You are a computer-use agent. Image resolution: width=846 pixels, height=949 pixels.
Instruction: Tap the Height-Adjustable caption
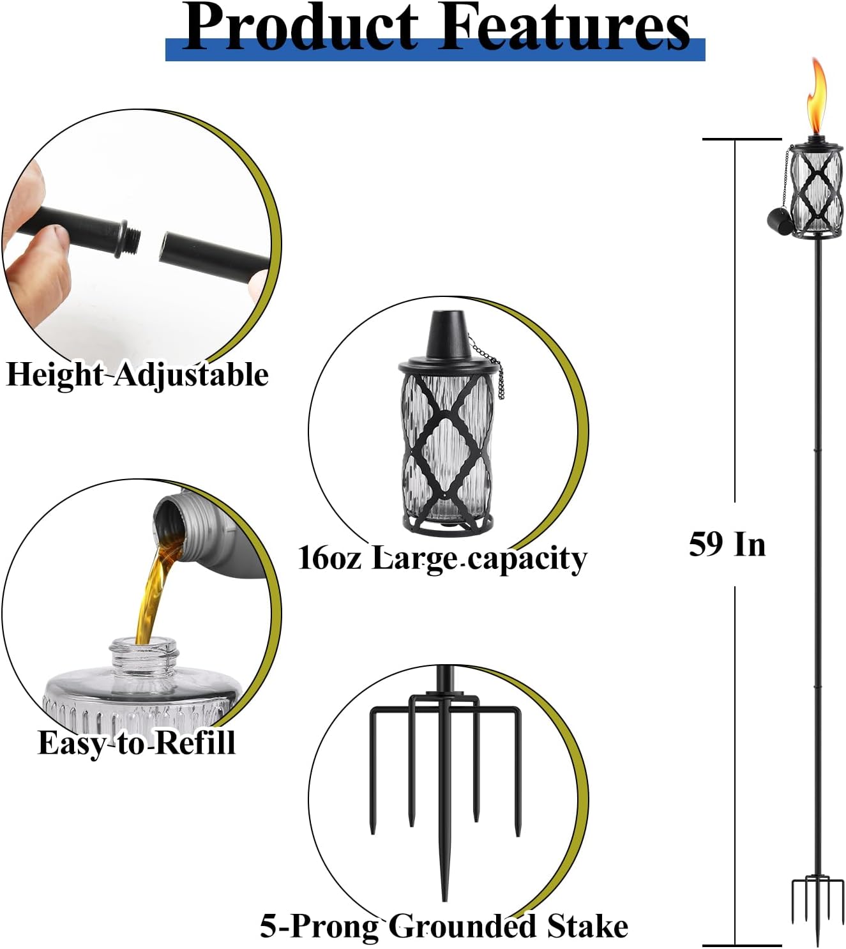[137, 375]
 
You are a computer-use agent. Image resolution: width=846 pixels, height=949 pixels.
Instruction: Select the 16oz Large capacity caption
[442, 558]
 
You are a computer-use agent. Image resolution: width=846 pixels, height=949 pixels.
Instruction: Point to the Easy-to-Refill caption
[137, 743]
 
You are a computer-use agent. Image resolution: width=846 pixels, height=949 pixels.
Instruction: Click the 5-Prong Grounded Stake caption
[444, 926]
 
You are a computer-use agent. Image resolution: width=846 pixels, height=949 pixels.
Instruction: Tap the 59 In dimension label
[727, 545]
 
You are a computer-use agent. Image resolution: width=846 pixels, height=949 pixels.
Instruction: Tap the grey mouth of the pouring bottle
[169, 520]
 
